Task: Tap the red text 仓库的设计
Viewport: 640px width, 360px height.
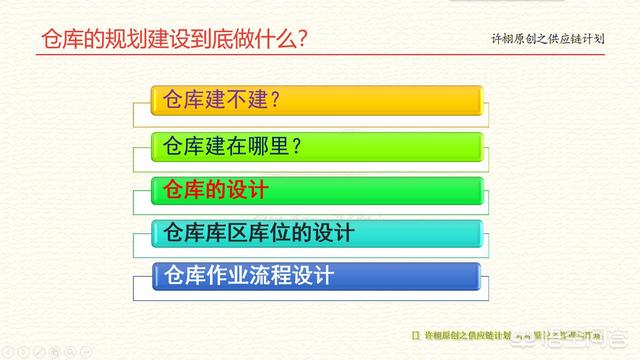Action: point(215,190)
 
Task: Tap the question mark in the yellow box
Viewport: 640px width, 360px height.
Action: point(271,101)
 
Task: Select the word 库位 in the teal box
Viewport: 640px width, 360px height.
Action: point(283,233)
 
